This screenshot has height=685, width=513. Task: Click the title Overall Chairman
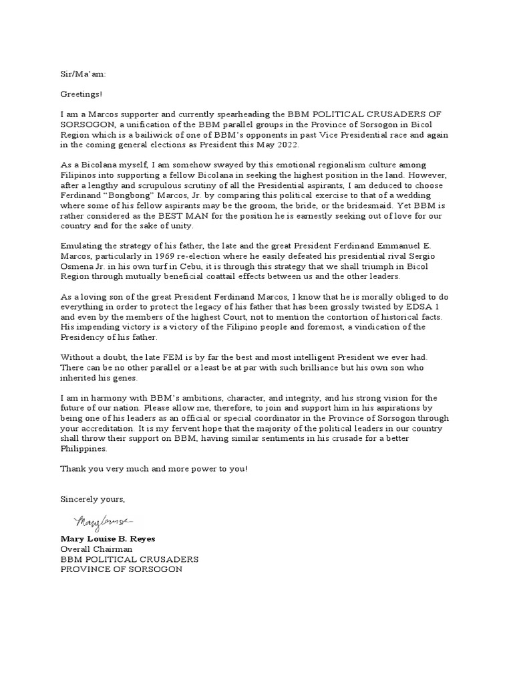pyautogui.click(x=96, y=549)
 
